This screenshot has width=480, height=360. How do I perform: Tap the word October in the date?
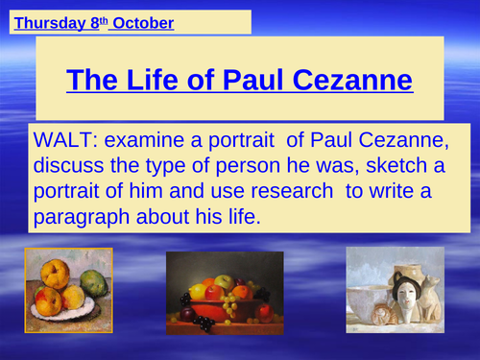(142, 22)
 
